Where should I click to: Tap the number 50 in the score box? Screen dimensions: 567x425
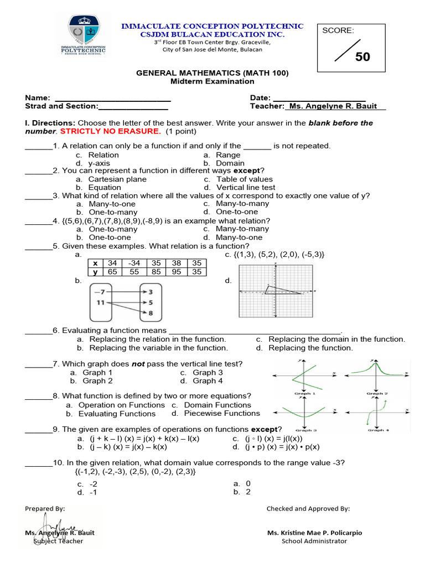[362, 56]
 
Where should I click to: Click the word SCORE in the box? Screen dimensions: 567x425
[338, 30]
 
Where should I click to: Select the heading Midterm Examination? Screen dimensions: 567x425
[212, 81]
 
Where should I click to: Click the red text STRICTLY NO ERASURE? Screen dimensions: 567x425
[110, 131]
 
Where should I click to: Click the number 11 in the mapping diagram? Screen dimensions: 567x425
[100, 303]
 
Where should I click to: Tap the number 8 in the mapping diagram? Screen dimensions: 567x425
[151, 313]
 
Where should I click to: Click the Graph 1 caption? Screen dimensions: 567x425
[305, 393]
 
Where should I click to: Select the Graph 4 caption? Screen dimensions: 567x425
[377, 430]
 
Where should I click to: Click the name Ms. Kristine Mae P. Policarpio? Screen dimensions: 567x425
[314, 533]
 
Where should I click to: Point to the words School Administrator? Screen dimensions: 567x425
[314, 541]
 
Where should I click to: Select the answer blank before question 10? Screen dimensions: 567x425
[39, 462]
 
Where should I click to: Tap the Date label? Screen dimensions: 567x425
[260, 97]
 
